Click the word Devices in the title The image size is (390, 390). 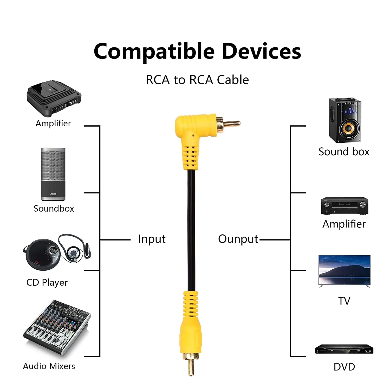[261, 51]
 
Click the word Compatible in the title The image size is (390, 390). [154, 51]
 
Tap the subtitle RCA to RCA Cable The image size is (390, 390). [197, 80]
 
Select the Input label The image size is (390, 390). [152, 239]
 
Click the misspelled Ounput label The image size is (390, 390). [238, 239]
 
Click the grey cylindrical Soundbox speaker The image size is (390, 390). [53, 174]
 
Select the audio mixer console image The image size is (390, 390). [57, 328]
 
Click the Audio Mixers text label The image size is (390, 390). [49, 366]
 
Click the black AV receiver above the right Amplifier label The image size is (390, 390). [344, 206]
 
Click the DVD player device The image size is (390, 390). [344, 349]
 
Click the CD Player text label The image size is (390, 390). [47, 282]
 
